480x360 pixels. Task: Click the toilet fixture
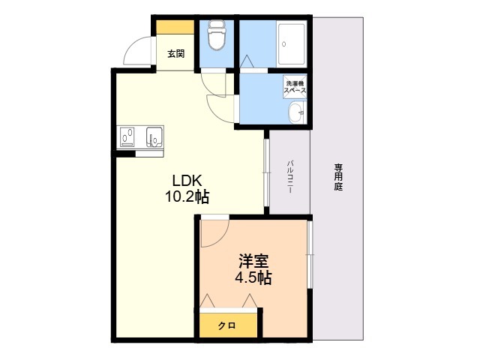click(217, 35)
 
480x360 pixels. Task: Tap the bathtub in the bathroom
click(292, 43)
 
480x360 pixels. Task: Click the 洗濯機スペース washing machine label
click(295, 87)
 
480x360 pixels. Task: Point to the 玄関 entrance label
click(176, 54)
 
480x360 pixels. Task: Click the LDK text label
click(187, 181)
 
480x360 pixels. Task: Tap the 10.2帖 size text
click(187, 196)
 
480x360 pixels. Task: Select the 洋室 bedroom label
click(253, 261)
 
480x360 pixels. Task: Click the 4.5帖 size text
click(253, 277)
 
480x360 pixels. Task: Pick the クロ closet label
click(226, 325)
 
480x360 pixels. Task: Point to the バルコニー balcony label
click(289, 177)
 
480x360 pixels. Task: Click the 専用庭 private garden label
click(338, 177)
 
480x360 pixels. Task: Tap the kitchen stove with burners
click(127, 136)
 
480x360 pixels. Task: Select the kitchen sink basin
click(154, 136)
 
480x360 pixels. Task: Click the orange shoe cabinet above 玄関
click(175, 27)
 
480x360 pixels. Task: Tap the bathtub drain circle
click(283, 44)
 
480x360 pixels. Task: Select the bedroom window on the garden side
click(310, 254)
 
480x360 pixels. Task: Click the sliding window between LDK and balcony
click(266, 172)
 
